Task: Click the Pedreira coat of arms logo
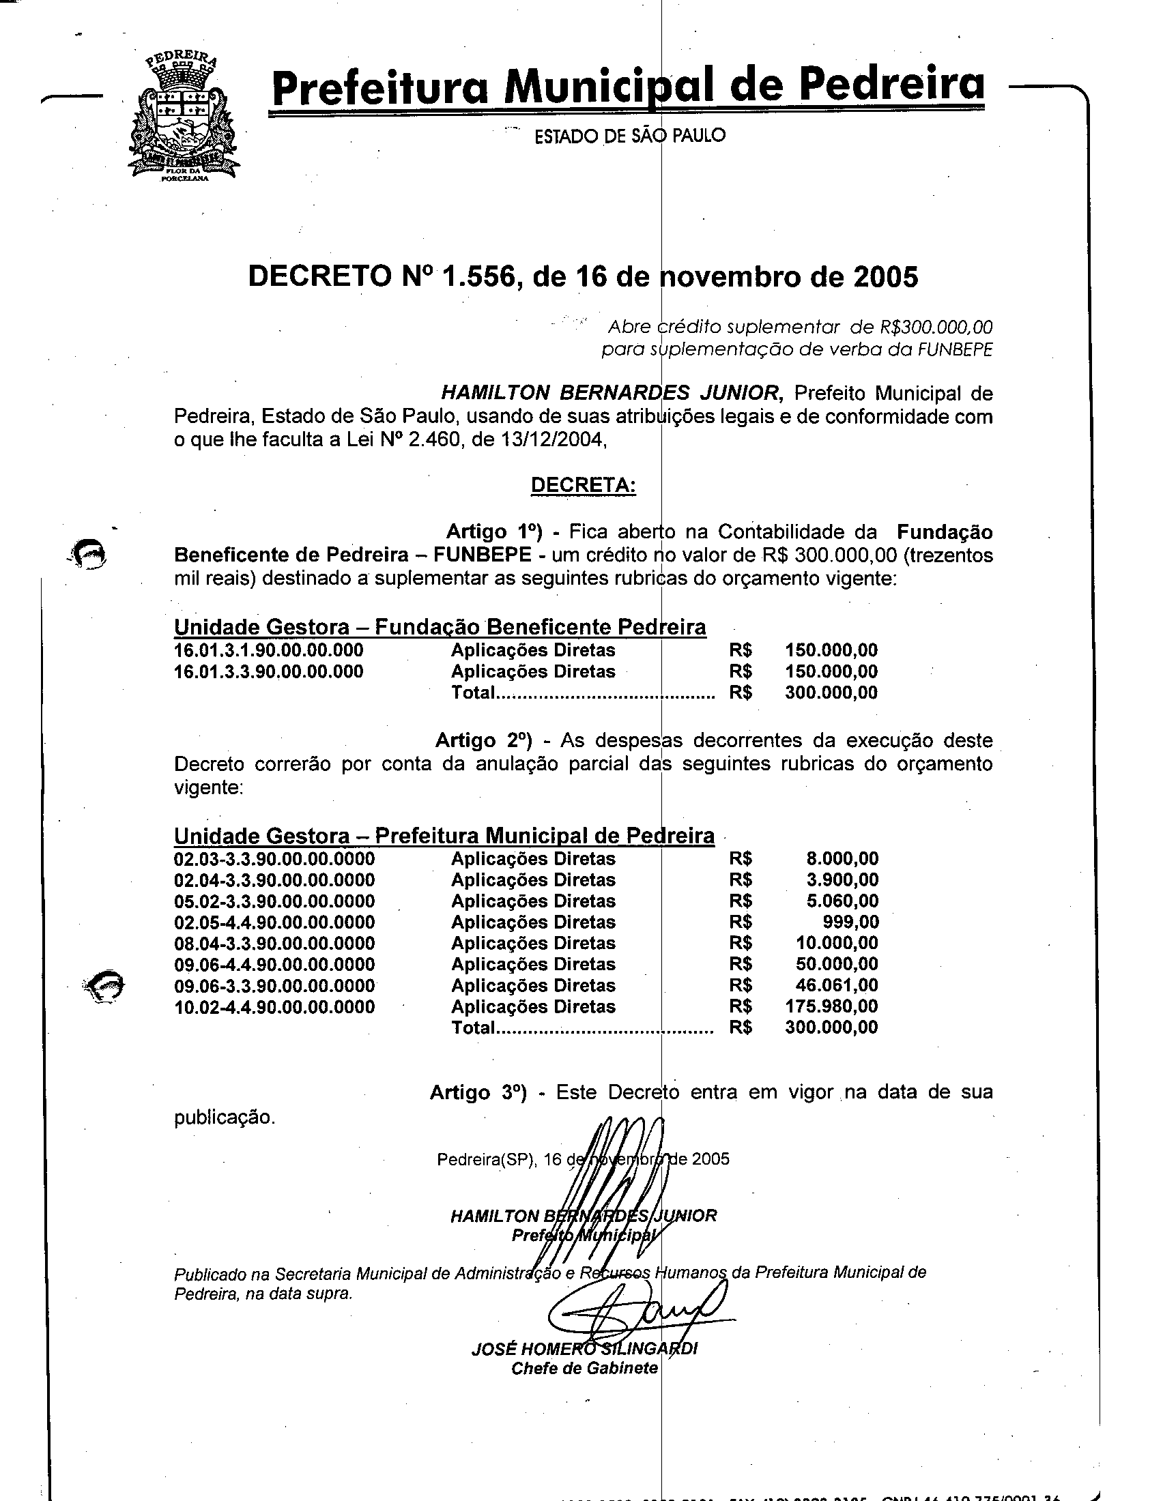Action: (184, 117)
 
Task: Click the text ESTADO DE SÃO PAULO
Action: (629, 136)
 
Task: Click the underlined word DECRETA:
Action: (584, 485)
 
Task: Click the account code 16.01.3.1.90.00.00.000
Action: (269, 650)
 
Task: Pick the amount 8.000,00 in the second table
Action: (842, 859)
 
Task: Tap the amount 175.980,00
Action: (831, 1007)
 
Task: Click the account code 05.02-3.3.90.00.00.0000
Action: (274, 901)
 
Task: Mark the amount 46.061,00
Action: (837, 986)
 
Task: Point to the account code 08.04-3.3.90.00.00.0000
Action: (274, 944)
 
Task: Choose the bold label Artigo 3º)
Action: (478, 1094)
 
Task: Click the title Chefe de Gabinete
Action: (584, 1369)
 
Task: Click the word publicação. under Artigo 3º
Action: (224, 1118)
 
